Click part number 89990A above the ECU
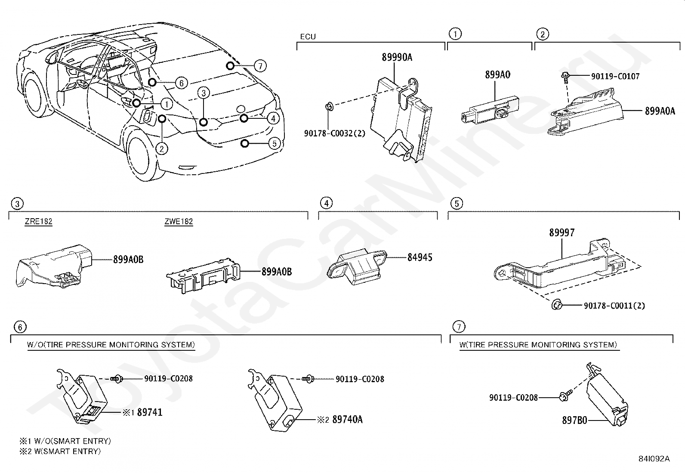[396, 57]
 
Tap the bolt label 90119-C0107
[615, 77]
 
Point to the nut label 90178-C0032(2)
[334, 133]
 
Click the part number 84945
[420, 257]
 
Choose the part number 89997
[562, 233]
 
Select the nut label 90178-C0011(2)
[614, 306]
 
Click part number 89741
[150, 412]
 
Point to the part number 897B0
[574, 420]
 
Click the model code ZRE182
[38, 222]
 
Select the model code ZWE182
[179, 222]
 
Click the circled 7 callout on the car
[260, 66]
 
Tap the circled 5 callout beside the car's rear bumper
[275, 143]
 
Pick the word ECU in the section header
[308, 37]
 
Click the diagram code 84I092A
[654, 458]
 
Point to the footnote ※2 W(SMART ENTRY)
[60, 451]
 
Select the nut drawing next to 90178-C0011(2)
[556, 305]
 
